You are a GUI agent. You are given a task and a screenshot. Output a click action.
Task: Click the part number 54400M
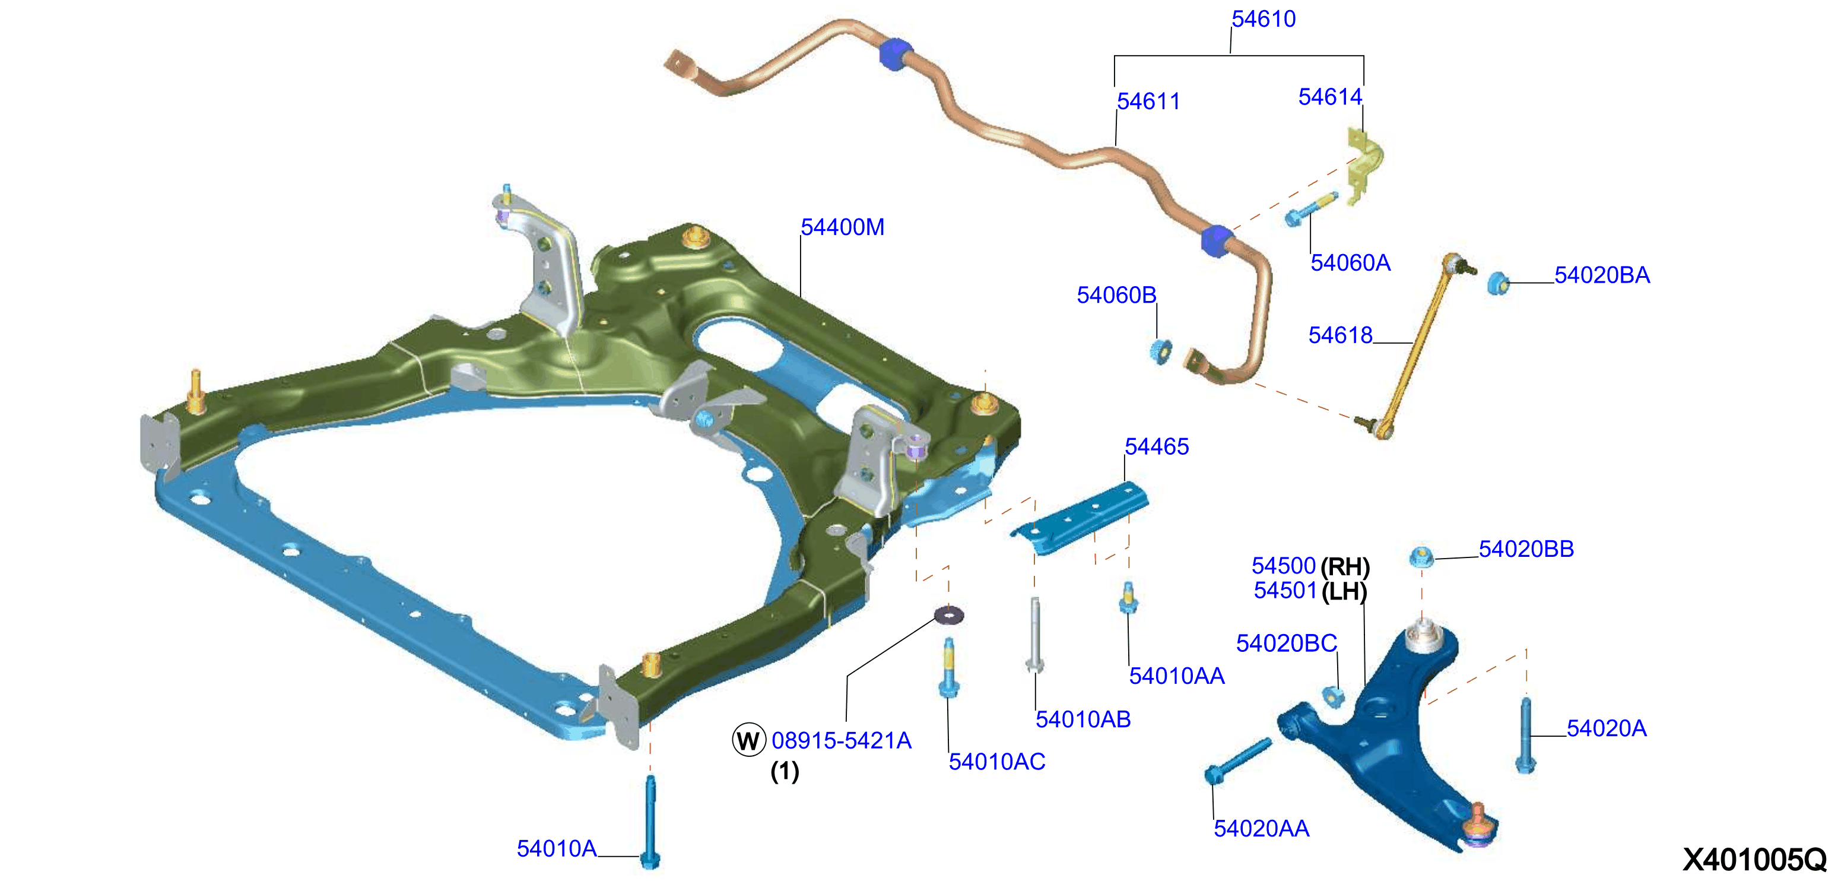click(842, 227)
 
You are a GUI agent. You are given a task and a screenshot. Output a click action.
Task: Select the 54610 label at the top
click(1264, 19)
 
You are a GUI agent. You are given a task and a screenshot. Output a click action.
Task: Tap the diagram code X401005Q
click(1754, 860)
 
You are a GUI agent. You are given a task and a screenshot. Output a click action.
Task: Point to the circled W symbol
click(748, 740)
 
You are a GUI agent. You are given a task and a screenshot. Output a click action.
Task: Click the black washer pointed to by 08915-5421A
click(949, 613)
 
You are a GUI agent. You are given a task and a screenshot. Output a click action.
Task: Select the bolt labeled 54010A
click(650, 822)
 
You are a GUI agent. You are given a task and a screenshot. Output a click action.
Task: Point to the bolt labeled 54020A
click(1525, 736)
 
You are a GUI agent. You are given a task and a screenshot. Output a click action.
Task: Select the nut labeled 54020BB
click(1421, 557)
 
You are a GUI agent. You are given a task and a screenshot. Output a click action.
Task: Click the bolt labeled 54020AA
click(1237, 761)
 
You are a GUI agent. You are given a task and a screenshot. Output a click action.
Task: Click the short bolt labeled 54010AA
click(1128, 598)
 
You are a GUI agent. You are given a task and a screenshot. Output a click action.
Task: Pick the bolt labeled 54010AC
click(948, 667)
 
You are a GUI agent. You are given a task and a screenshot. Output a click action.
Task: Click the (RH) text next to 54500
click(1345, 567)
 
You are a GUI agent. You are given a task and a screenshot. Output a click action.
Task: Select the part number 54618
click(1340, 335)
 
